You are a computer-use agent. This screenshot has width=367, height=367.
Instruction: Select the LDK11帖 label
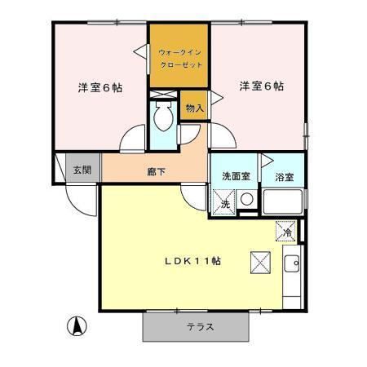click(x=192, y=261)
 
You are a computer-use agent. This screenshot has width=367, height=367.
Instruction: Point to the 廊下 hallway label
click(x=157, y=172)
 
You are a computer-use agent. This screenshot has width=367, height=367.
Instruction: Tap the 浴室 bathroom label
click(x=284, y=176)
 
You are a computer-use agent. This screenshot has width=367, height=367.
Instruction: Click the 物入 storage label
click(x=194, y=108)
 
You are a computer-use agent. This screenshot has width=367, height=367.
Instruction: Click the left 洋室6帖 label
click(x=99, y=87)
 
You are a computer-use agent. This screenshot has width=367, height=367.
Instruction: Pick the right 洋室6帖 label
click(x=262, y=86)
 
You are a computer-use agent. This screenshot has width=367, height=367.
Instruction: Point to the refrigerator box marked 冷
click(x=286, y=232)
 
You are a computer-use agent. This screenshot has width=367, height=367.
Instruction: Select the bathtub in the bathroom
click(x=283, y=202)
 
